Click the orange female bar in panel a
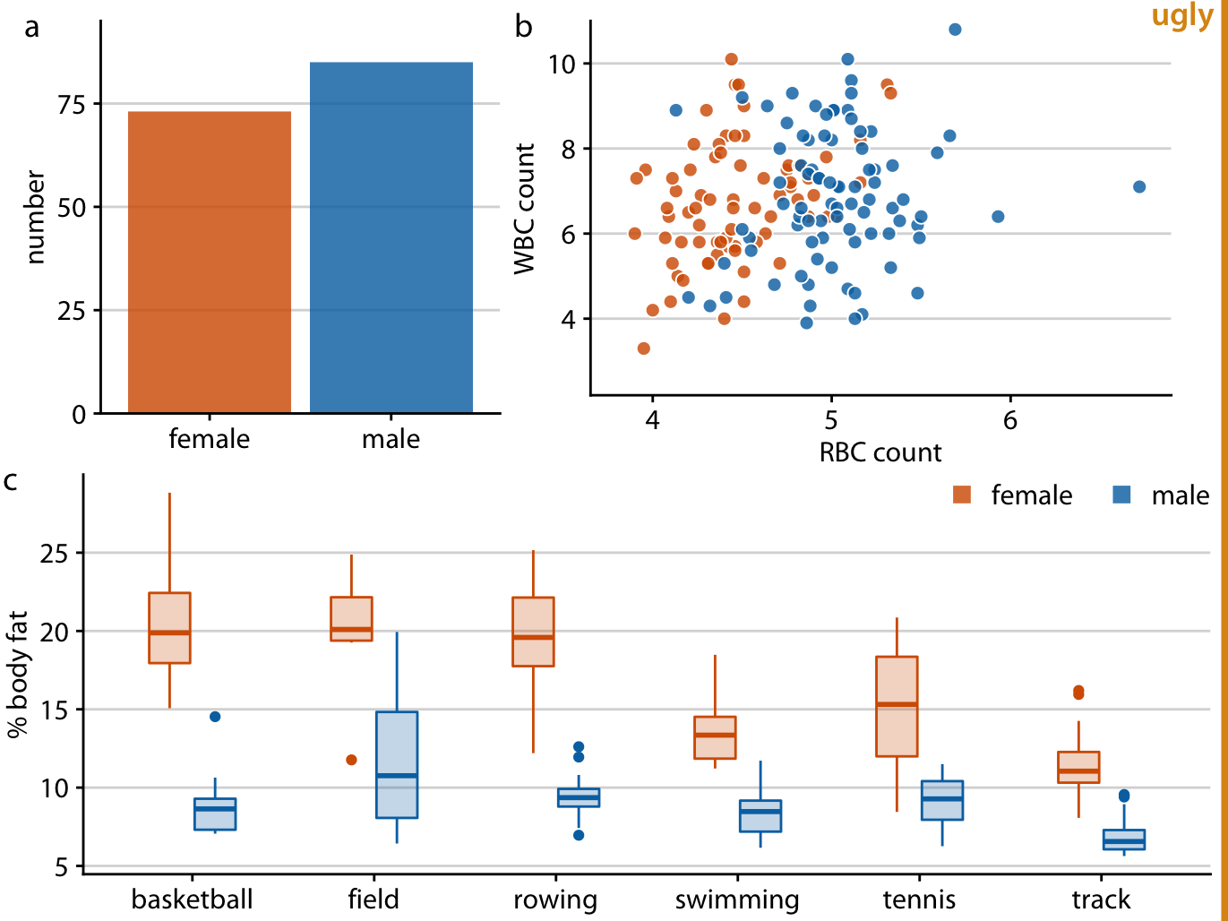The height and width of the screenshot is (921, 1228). pos(210,262)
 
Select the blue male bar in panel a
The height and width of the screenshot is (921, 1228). pos(391,237)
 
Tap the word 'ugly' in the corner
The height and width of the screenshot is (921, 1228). pos(1181,16)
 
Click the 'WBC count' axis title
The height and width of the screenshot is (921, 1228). pos(525,208)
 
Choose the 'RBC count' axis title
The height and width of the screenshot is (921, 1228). pos(880,452)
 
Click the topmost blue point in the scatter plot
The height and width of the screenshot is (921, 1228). pos(955,30)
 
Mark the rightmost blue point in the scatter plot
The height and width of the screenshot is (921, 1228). pos(1139,186)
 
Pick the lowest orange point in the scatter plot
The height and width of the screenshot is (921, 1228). pos(643,349)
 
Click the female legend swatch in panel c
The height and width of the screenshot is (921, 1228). pos(962,495)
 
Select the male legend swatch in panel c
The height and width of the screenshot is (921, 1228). pos(1121,495)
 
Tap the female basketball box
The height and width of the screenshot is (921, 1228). pos(169,627)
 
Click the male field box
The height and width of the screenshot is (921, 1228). pos(397,764)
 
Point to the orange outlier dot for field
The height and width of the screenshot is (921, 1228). pos(351,760)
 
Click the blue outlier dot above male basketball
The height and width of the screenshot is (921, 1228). pos(215,716)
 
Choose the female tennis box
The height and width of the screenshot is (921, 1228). pos(897,706)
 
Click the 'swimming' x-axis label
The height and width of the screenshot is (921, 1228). pos(737,899)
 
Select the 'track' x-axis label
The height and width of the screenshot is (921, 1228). pos(1101,899)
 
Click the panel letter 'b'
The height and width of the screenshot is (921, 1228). pos(523,28)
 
